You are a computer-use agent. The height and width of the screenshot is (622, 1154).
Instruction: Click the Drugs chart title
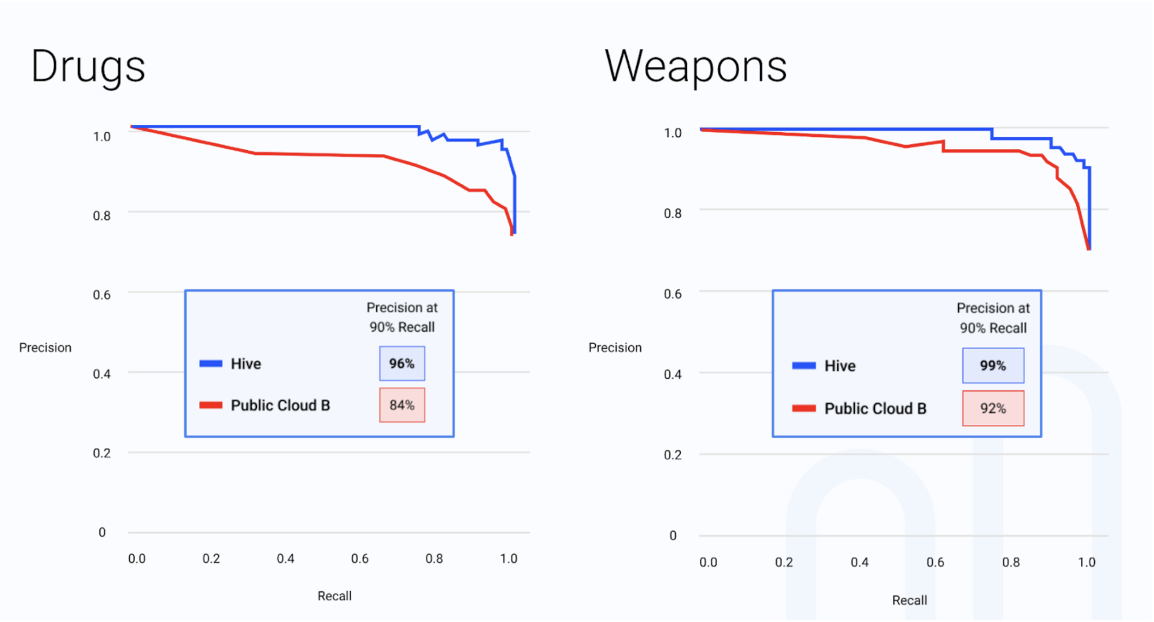pos(88,67)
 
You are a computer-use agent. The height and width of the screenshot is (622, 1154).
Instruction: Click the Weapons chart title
pos(696,67)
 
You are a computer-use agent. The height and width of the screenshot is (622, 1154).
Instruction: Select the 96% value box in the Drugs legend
pos(402,363)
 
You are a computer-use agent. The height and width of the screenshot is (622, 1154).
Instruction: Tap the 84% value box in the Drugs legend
pos(402,405)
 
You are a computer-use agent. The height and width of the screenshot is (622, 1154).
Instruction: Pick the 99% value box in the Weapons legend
pos(992,366)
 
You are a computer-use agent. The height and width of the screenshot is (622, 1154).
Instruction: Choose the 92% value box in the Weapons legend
pos(992,409)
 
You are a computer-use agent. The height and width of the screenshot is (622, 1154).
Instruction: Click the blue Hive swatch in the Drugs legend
pos(211,363)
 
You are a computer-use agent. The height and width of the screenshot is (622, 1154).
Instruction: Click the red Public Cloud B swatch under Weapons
pos(804,409)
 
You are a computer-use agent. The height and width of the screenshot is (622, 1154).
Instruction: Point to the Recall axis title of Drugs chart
pos(335,596)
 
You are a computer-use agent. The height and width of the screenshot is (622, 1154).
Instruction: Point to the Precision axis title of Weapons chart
pos(615,348)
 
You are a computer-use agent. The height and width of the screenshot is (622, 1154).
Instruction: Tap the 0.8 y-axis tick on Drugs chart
pos(102,216)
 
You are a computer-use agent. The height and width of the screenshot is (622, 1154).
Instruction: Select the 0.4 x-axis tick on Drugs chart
pos(285,559)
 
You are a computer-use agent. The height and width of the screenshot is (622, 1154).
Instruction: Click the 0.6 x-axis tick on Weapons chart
pos(935,562)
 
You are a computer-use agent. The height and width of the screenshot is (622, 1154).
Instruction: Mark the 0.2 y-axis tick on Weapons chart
pos(673,455)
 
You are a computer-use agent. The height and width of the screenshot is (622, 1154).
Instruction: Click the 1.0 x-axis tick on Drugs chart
pos(508,559)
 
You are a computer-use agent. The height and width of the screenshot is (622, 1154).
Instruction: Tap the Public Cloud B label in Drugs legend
pos(280,406)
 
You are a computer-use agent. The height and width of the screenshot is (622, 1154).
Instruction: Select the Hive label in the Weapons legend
pos(840,366)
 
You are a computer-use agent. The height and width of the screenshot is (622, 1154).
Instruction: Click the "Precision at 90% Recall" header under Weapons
pos(993,318)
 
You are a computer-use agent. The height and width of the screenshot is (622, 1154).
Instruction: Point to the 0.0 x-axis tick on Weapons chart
pos(708,562)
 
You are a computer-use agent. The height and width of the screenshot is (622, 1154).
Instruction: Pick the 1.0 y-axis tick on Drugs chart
pos(102,137)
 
